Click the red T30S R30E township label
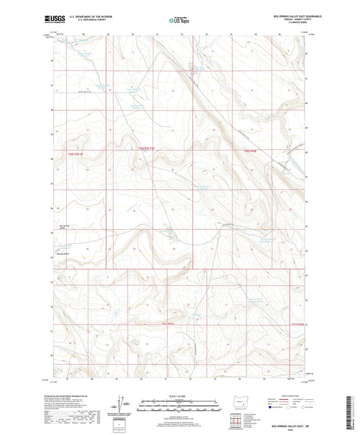pyautogui.click(x=251, y=151)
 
